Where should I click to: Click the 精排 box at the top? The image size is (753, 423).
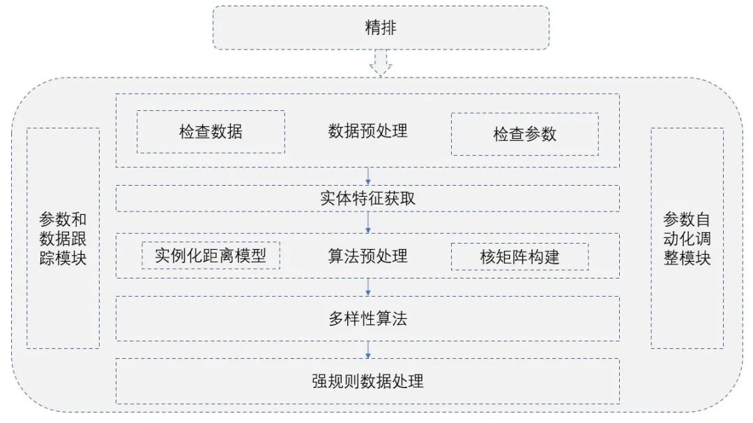(381, 28)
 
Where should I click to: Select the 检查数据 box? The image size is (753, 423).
(211, 131)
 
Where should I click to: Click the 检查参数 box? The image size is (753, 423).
(524, 134)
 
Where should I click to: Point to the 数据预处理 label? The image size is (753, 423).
(367, 131)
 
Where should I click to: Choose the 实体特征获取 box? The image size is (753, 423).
(367, 198)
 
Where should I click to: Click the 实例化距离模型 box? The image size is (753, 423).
(211, 256)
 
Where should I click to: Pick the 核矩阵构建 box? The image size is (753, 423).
(519, 258)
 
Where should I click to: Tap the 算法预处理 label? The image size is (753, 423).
(367, 256)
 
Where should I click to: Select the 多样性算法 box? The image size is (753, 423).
(367, 319)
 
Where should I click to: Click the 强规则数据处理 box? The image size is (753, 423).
(367, 381)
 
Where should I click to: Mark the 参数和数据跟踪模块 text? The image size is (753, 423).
(63, 238)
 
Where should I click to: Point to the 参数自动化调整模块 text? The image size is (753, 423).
(687, 238)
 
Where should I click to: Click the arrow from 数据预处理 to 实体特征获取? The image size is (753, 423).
(368, 176)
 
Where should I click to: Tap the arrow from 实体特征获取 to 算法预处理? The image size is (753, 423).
(368, 222)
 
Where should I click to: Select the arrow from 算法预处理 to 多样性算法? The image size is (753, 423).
(368, 287)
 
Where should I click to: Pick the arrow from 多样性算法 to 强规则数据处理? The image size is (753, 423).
(368, 349)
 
